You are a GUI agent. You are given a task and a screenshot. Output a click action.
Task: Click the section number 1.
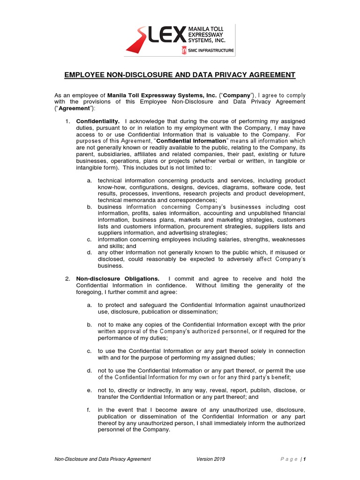point(67,121)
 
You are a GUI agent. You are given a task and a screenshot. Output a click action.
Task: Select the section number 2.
point(67,278)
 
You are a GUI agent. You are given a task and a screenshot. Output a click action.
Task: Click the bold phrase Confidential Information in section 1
point(191,141)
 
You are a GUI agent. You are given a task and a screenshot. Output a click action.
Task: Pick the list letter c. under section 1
point(89,240)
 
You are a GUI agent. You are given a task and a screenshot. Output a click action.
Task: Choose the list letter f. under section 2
point(89,410)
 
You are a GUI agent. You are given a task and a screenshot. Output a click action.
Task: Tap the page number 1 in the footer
point(305,459)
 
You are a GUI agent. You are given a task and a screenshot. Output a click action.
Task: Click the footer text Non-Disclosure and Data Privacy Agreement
point(103,459)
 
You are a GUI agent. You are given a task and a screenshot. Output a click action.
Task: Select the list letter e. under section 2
point(89,390)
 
